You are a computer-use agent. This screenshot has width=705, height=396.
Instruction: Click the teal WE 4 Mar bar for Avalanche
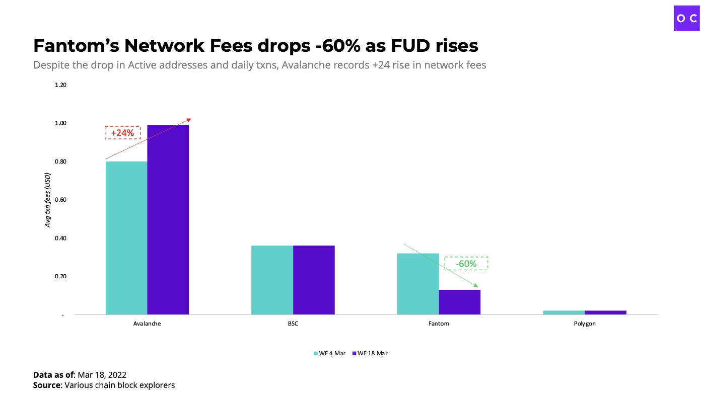[x=126, y=237]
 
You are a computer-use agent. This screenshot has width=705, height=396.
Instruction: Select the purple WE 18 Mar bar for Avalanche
[x=168, y=219]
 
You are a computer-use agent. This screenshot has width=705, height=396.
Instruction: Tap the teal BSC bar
[x=272, y=280]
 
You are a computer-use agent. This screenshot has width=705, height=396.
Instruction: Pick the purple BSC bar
[x=314, y=280]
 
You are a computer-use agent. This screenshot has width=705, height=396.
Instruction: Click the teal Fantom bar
[x=418, y=284]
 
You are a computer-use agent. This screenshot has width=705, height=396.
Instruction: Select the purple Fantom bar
[x=460, y=302]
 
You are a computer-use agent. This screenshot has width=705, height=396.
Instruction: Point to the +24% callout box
[x=122, y=133]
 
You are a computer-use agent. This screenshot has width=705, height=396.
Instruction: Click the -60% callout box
[x=466, y=264]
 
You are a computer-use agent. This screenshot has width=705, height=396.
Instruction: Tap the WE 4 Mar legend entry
[x=330, y=353]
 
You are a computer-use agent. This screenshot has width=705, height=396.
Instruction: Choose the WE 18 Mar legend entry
[x=370, y=353]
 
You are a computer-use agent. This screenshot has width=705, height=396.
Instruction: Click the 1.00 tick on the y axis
[x=60, y=123]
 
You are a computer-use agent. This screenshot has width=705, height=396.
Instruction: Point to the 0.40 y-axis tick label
[x=60, y=238]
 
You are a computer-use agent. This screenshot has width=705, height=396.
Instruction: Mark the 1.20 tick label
[x=60, y=85]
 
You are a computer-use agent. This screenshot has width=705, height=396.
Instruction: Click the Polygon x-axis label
[x=585, y=324]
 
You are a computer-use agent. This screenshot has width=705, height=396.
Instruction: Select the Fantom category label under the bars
[x=439, y=324]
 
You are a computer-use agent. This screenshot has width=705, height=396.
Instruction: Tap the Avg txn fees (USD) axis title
[x=48, y=200]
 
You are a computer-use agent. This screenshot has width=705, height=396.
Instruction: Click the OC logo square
[x=687, y=18]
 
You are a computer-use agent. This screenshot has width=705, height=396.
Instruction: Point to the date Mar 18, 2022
[x=102, y=375]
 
